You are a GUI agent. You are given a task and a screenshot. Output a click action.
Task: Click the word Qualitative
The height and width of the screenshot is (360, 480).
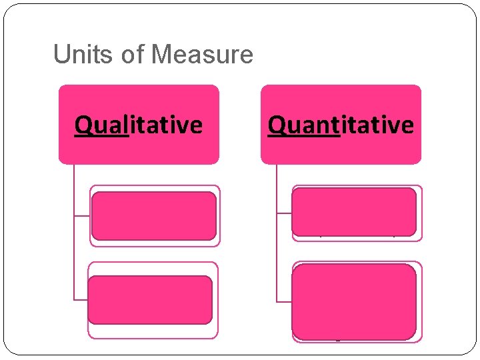coord(139,125)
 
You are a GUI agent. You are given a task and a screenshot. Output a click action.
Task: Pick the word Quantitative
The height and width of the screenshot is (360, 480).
coord(341,125)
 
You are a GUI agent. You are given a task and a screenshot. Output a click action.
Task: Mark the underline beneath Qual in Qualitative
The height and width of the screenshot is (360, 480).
coord(101,135)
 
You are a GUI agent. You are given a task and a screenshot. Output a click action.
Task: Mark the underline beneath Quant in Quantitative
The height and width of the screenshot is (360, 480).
coord(304,135)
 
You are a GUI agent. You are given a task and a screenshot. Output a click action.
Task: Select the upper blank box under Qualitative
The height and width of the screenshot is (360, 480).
coord(154,215)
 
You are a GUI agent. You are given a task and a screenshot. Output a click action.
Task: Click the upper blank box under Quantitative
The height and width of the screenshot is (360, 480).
coord(354,212)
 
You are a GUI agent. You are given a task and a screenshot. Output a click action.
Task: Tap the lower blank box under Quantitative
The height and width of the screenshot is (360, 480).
coord(354,301)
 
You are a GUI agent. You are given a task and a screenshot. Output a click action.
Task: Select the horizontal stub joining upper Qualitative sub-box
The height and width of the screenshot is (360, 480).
coord(82,215)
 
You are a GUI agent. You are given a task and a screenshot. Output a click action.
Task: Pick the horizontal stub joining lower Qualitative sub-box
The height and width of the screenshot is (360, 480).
coord(81,299)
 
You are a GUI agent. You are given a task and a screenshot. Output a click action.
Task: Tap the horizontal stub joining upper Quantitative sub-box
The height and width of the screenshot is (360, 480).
coord(284,213)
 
